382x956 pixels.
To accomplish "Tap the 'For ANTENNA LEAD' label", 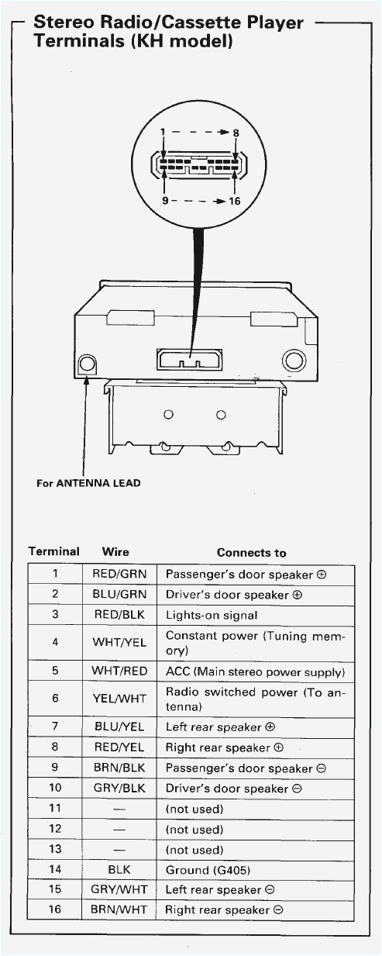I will [88, 483].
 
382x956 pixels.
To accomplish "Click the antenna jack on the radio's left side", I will [88, 364].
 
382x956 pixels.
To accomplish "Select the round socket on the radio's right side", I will [294, 360].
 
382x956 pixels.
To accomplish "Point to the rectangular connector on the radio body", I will [189, 359].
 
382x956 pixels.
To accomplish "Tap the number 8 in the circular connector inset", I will [236, 133].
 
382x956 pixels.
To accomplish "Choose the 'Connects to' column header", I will [251, 553].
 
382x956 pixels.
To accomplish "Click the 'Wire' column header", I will [115, 552].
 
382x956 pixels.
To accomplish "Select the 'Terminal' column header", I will [54, 552].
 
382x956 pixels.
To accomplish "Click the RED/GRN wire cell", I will [119, 575].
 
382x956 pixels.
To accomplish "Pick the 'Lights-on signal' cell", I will [212, 615].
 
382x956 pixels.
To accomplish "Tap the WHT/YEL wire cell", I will [119, 643].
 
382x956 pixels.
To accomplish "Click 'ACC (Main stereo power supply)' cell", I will [255, 671].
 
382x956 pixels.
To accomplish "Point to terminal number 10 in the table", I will [55, 789].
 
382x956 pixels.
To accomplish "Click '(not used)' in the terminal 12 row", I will [194, 829].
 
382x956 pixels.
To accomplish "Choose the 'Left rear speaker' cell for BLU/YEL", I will [221, 727].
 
